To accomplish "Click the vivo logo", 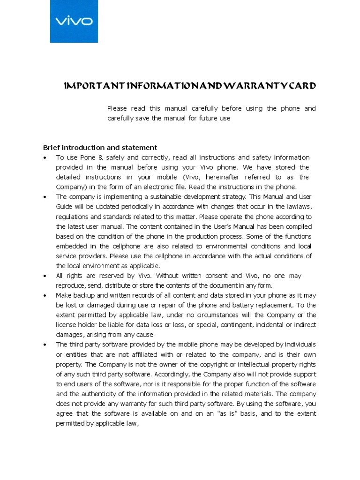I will (x=74, y=21).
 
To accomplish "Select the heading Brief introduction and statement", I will (x=100, y=147).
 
